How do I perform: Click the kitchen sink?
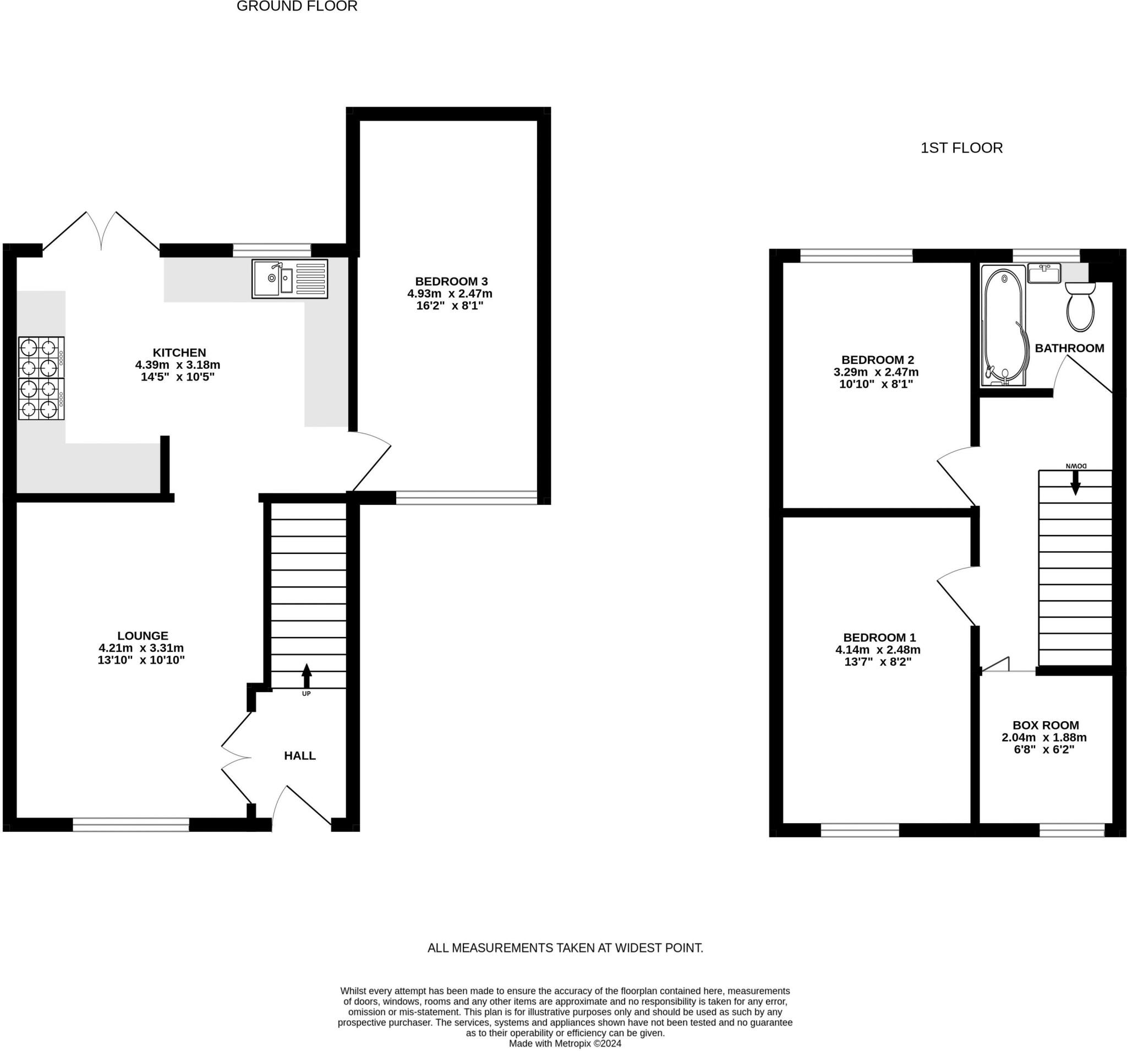coord(289,279)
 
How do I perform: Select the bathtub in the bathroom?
coord(1004,325)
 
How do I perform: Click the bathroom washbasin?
coord(1044,274)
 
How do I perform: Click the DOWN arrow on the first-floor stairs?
coord(1075,483)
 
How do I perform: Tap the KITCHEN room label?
coord(179,352)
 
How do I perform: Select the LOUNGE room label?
coord(143,636)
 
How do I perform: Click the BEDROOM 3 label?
coord(451,281)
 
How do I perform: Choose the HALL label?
coord(300,755)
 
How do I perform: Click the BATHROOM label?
coord(1070,348)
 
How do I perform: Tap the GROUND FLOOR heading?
coord(297,6)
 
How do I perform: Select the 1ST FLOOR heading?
coord(961,148)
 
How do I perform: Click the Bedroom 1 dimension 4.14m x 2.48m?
coord(878,650)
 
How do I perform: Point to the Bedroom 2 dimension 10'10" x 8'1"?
coord(876,384)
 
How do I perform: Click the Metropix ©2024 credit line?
coord(565,1043)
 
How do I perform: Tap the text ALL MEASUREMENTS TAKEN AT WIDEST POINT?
coord(565,947)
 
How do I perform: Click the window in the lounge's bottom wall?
coord(131,825)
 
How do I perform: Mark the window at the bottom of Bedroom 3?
coord(466,498)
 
